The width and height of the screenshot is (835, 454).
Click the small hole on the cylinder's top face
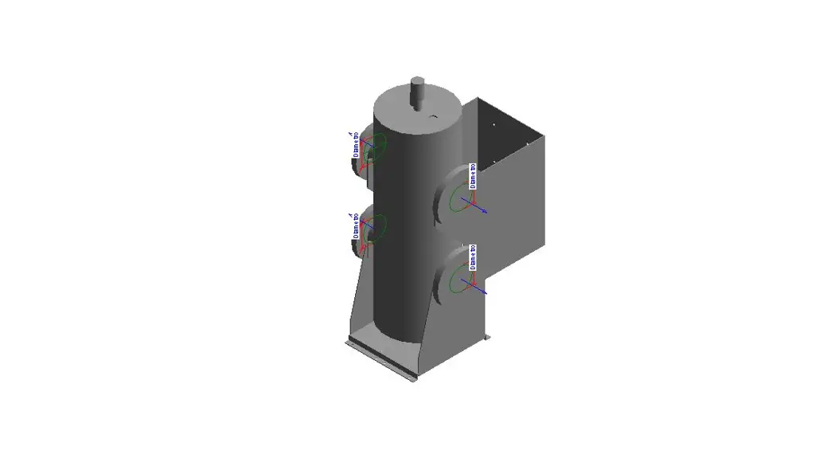(433, 117)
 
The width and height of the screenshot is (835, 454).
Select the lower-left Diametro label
(356, 226)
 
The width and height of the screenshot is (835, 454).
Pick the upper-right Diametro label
(472, 176)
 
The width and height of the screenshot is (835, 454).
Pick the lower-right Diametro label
(472, 257)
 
